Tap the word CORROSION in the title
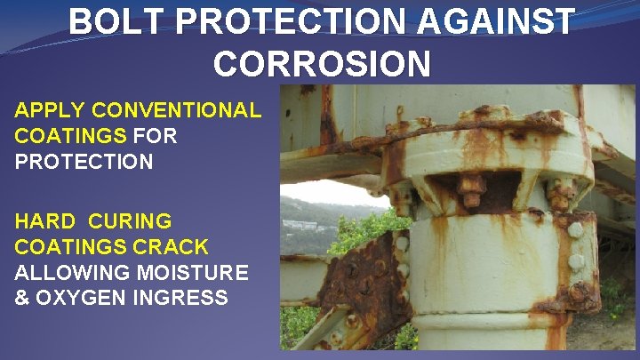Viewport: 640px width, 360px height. click(x=323, y=63)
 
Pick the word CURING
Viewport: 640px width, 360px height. click(x=132, y=220)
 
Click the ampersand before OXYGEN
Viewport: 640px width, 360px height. click(x=22, y=298)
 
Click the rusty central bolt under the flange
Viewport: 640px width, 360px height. click(x=471, y=188)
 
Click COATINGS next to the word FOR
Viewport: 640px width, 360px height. click(x=70, y=137)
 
